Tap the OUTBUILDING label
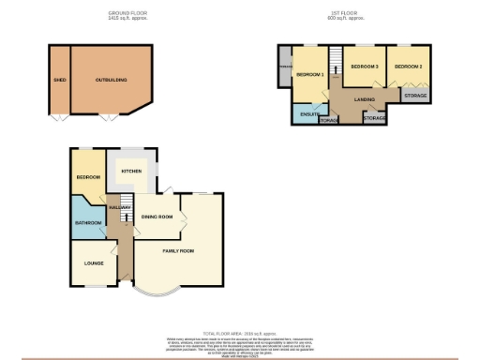(112, 81)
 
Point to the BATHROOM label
(88, 222)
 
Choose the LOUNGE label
(94, 263)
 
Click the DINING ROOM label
(157, 217)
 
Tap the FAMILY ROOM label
(178, 251)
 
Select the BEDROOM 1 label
(309, 74)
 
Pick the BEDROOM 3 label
(364, 67)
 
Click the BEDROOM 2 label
(407, 67)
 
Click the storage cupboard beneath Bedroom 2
(413, 95)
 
